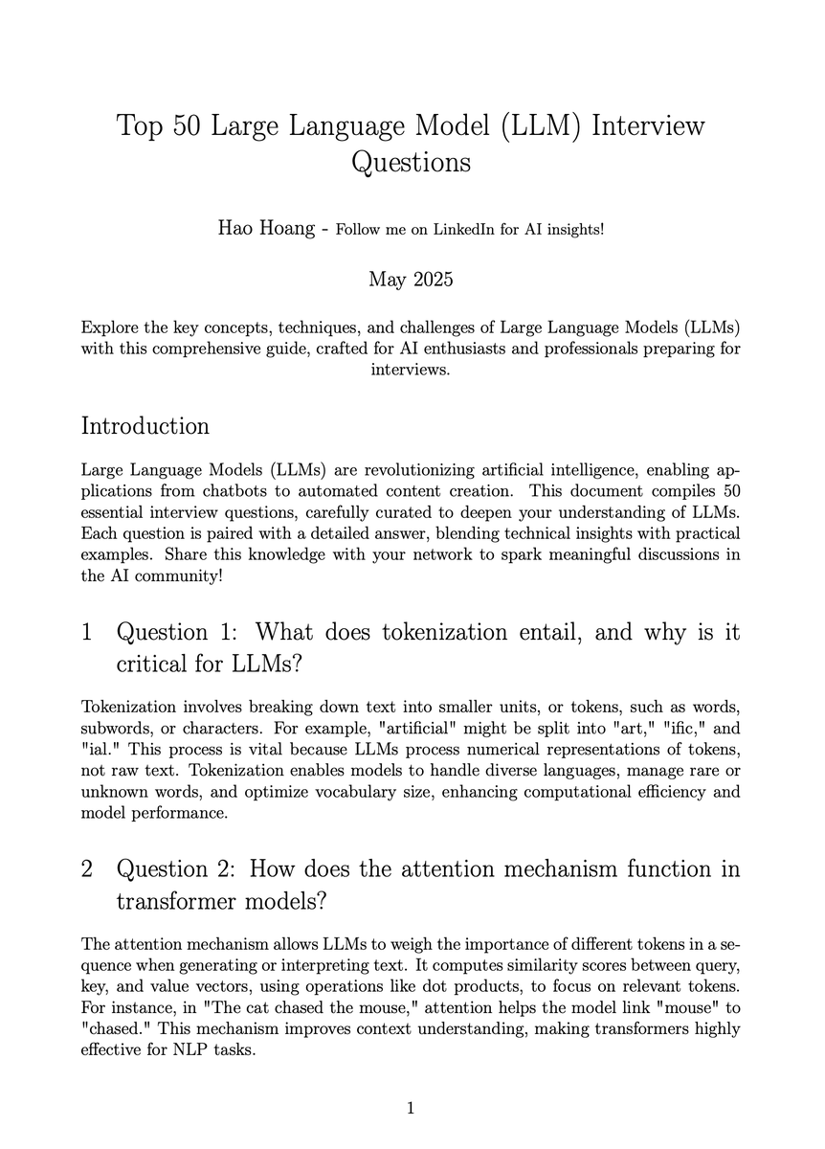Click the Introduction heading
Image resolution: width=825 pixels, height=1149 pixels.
coord(145,424)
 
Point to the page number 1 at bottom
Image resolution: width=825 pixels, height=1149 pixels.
coord(411,1109)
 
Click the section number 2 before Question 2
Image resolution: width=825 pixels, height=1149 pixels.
coord(87,869)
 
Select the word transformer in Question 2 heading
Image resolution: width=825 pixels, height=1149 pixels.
coord(173,902)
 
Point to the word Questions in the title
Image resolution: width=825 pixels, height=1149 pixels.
coord(411,162)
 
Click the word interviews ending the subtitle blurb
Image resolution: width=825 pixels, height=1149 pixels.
coord(410,369)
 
